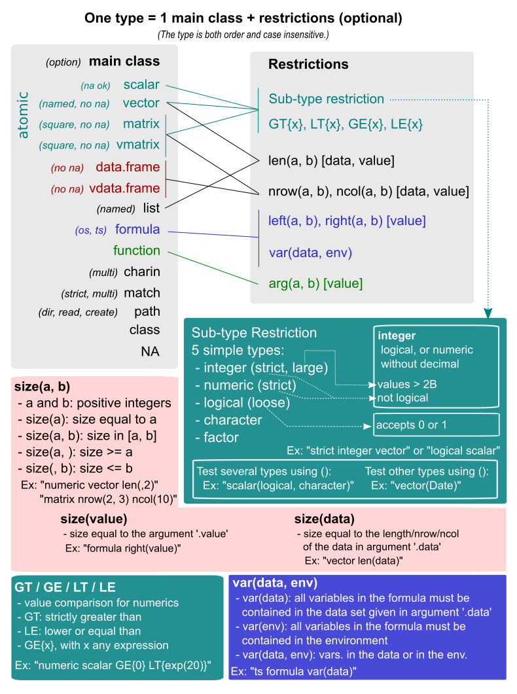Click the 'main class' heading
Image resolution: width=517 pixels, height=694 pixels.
pos(124,61)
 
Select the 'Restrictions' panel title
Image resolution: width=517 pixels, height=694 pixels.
pos(308,64)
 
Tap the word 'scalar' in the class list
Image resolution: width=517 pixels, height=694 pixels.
pos(141,84)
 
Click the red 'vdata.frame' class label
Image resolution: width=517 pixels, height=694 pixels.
pos(124,188)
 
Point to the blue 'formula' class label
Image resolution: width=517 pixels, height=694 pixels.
pos(137,230)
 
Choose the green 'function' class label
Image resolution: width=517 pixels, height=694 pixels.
pos(136,251)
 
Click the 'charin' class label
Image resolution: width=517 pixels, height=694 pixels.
pos(142,271)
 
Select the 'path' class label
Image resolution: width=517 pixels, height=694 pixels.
pos(147,311)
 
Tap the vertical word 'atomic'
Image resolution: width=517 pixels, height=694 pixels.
pos(24,114)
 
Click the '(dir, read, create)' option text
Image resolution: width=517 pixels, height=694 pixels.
pos(79,312)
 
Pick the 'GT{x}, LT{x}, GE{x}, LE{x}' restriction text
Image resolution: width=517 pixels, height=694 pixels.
pos(346,124)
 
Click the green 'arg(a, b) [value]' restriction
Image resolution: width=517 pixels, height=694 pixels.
pos(315,283)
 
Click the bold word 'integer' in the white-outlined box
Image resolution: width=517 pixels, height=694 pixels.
pos(397,336)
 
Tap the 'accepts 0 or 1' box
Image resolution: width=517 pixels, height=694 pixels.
pos(436,425)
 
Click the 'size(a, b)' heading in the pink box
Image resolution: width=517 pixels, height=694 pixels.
pos(42,386)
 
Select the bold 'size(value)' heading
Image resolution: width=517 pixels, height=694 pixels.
pos(94,519)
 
